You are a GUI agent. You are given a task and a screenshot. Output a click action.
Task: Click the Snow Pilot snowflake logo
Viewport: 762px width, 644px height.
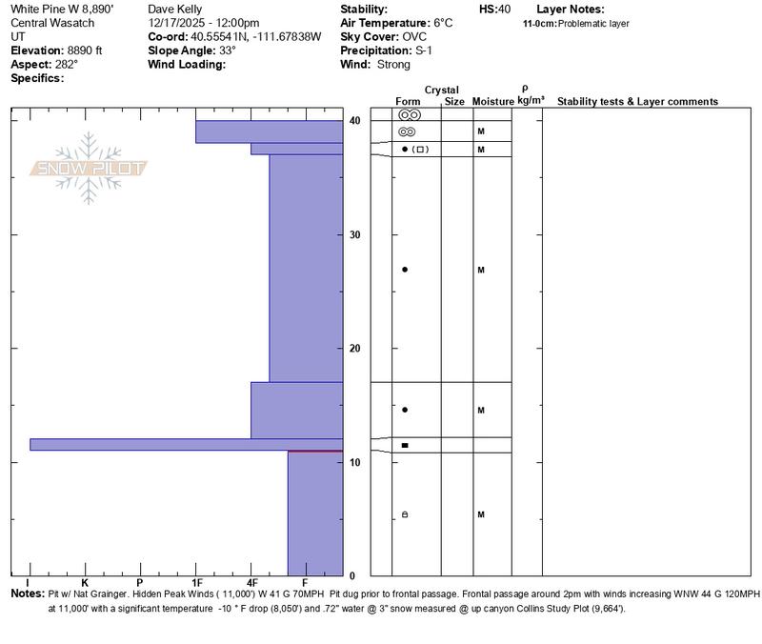point(89,168)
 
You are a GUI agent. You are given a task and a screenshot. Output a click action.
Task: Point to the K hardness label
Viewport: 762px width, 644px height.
point(85,582)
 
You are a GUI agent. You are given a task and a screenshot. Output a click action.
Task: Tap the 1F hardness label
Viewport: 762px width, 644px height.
point(196,582)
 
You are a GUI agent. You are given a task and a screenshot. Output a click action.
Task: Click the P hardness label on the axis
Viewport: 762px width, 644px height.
point(140,582)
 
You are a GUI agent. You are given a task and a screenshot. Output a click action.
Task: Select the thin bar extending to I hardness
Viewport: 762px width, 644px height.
point(186,444)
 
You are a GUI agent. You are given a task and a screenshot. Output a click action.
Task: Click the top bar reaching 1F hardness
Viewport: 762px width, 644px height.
point(269,131)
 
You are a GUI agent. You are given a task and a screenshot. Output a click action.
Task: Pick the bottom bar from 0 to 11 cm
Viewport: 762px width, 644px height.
point(315,513)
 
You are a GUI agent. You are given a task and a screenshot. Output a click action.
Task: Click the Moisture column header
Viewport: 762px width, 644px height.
point(493,101)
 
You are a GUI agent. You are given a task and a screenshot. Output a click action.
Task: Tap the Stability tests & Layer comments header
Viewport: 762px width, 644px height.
point(637,101)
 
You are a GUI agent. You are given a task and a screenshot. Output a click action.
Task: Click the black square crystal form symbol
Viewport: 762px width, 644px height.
point(405,445)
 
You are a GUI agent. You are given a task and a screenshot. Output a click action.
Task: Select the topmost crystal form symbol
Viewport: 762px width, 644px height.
point(409,114)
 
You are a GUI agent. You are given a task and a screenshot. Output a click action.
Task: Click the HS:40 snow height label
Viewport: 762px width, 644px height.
point(495,9)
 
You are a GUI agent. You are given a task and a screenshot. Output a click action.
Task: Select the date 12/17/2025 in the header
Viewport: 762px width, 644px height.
point(178,22)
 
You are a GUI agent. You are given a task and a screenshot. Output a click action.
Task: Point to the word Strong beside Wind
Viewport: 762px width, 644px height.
point(393,65)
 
